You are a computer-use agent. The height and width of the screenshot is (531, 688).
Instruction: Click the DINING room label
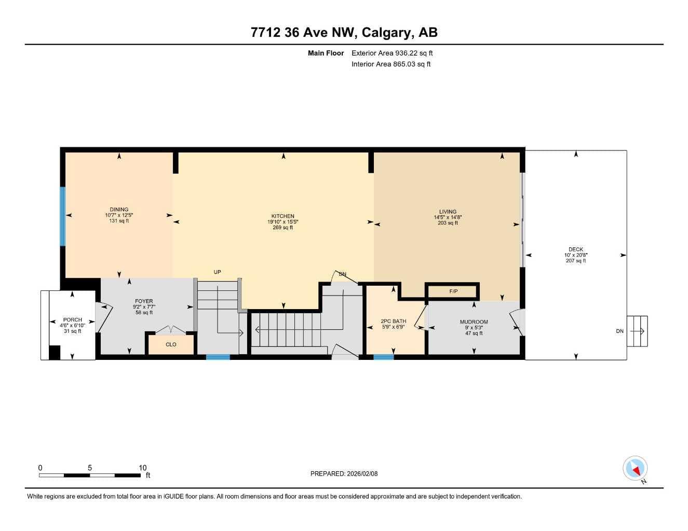[119, 209]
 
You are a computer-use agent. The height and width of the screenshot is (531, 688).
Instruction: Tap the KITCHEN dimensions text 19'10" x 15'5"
[283, 222]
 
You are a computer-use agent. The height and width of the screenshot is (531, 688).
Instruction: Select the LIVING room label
[448, 212]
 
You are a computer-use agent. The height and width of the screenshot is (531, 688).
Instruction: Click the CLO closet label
[171, 344]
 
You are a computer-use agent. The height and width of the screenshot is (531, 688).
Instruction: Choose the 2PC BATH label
[393, 321]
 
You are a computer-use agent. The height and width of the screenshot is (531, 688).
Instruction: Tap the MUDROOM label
[474, 322]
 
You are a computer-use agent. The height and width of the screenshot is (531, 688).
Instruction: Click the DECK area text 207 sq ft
[576, 261]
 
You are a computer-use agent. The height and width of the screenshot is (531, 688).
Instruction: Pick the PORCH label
[73, 319]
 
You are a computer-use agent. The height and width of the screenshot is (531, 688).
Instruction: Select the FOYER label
[144, 301]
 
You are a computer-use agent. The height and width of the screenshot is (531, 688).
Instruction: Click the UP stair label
[217, 272]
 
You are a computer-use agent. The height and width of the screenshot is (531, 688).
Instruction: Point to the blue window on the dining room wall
[63, 217]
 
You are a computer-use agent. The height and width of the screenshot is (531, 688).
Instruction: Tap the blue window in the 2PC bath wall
[383, 357]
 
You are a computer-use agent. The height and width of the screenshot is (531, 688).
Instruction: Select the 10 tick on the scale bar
[142, 467]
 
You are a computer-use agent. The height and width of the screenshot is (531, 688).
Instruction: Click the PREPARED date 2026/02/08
[362, 474]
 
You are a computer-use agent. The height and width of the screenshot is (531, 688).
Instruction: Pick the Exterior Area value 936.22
[406, 53]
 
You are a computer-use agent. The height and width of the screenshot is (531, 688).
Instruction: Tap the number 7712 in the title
[265, 32]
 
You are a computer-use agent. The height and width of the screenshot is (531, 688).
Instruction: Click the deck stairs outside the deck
[637, 331]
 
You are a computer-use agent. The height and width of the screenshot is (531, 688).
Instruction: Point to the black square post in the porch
[55, 353]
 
